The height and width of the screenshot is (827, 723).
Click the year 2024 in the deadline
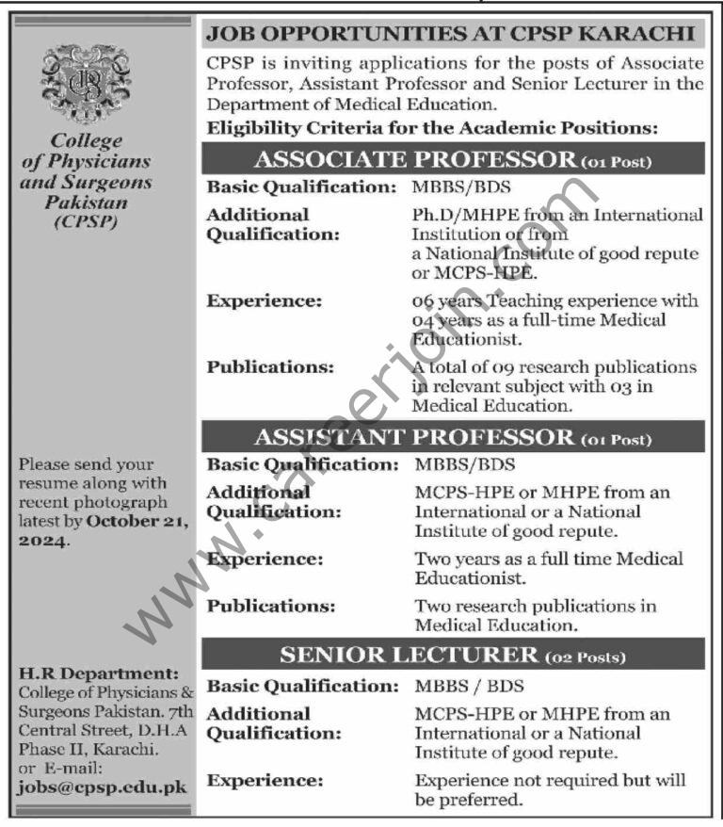(42, 541)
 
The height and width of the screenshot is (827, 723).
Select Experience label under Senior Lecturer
(264, 781)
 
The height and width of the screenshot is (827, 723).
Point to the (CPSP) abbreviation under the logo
(86, 224)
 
